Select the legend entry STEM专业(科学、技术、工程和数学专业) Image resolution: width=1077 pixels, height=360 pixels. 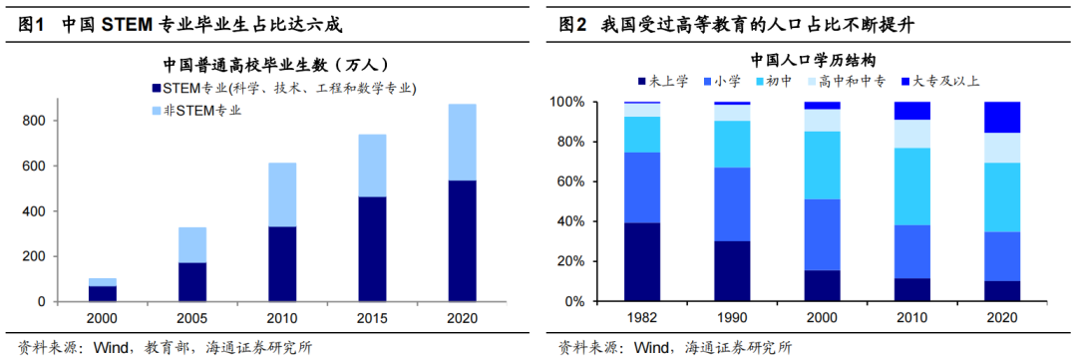pos(282,89)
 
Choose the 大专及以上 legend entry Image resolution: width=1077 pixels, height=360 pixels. pos(942,81)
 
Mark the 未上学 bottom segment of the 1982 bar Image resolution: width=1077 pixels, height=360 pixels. pos(642,261)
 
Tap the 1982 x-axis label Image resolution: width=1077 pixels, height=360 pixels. pos(642,318)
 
